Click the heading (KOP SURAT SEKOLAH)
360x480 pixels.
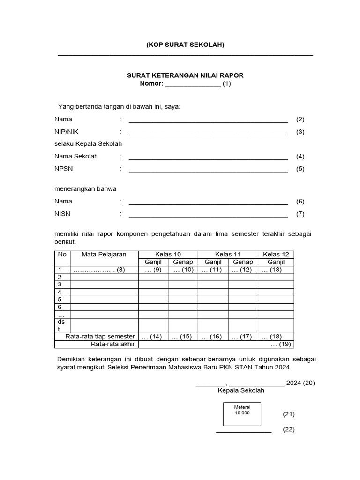(x=185, y=45)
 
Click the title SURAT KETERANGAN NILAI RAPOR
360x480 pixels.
(x=185, y=75)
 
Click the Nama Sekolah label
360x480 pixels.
(x=76, y=156)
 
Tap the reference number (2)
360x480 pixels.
(x=300, y=120)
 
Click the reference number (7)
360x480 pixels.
(x=300, y=214)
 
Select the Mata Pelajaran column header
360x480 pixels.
(x=104, y=254)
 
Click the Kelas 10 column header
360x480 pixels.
(x=168, y=254)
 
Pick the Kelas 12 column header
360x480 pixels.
(x=276, y=254)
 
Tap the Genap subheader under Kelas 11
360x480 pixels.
(x=243, y=262)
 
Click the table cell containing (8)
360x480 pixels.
(x=104, y=270)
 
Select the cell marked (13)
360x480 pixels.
(x=276, y=270)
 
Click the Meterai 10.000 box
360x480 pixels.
(x=242, y=413)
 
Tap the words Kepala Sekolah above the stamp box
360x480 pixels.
(x=241, y=390)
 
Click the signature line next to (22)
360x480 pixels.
(x=243, y=430)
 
